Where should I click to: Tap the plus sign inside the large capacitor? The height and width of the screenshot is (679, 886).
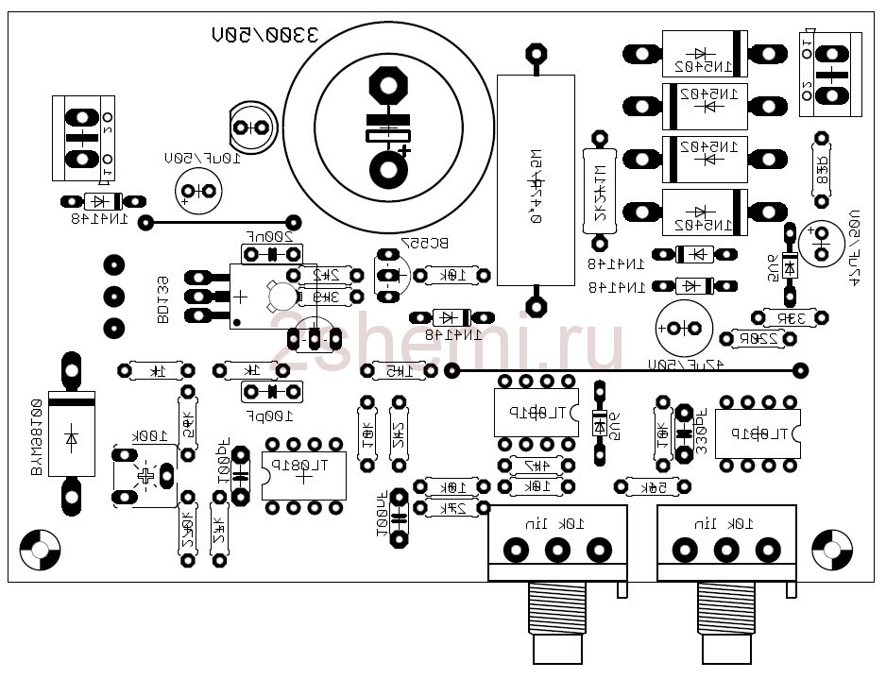404,150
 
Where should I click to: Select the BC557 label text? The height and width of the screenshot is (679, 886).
425,243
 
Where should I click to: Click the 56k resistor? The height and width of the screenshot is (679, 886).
653,486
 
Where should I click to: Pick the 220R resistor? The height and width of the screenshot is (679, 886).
759,338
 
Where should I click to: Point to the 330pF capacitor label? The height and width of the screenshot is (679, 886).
701,433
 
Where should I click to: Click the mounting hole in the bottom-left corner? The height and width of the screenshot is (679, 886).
40,547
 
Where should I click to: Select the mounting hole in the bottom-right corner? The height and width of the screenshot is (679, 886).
832,547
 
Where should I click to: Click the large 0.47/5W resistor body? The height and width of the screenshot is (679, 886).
536,179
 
